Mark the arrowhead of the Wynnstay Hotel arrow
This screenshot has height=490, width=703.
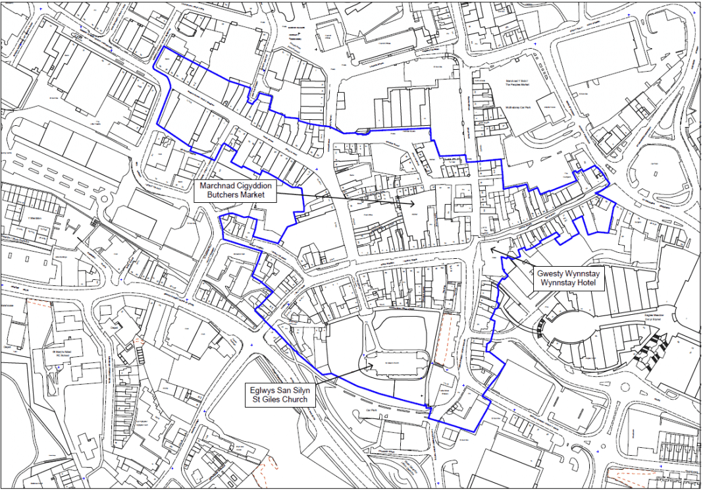[x=490, y=249]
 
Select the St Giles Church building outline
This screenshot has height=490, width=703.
[x=395, y=364]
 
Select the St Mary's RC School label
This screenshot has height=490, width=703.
[x=55, y=356]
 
